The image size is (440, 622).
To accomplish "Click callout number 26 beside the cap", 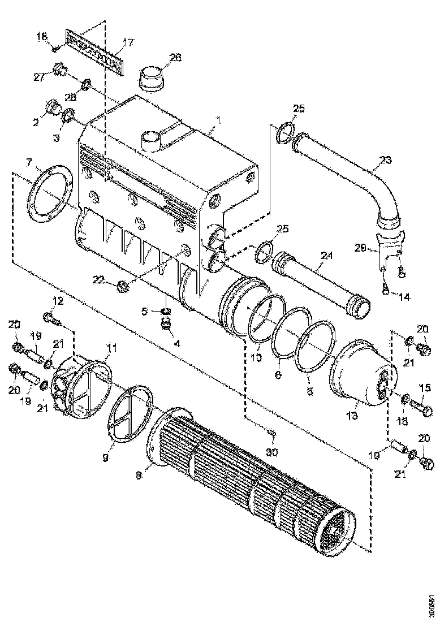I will pos(176,57).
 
